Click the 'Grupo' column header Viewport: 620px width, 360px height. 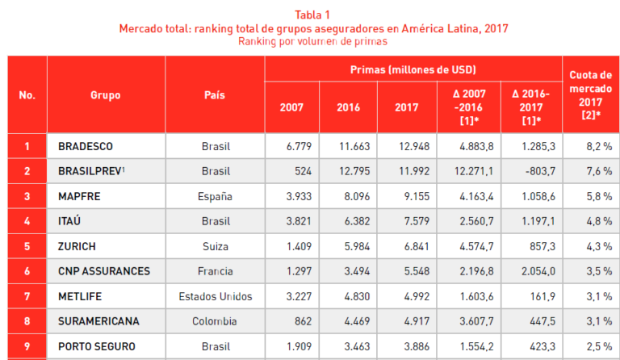click(106, 95)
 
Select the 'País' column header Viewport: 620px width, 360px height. click(215, 95)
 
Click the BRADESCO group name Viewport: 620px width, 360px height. click(86, 146)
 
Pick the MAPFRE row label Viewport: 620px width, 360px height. click(79, 196)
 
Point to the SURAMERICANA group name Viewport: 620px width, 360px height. click(98, 321)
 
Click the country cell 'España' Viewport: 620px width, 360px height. click(215, 196)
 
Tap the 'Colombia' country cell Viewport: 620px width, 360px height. click(215, 321)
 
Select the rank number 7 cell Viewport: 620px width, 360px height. click(27, 296)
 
